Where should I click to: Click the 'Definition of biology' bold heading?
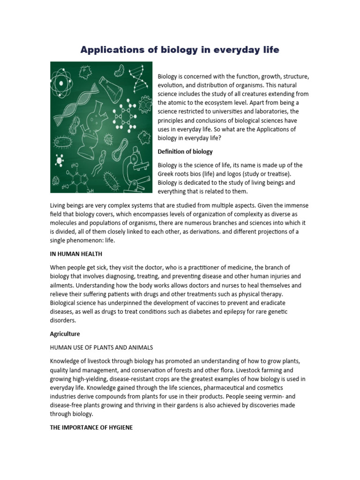(x=185, y=151)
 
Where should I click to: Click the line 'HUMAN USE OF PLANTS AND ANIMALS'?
(x=101, y=347)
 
